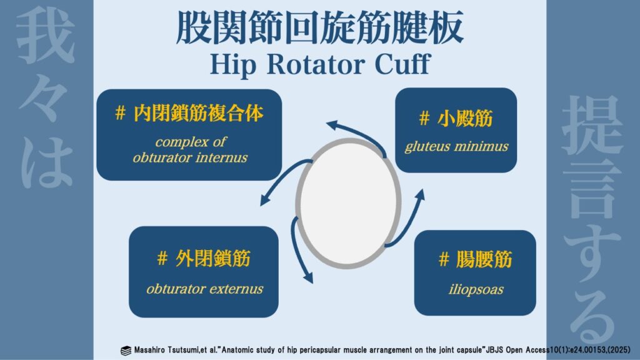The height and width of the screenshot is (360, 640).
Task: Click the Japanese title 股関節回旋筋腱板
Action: [320, 27]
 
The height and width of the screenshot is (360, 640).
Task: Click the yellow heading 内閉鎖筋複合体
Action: [198, 113]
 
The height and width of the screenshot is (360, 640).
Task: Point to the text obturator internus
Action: [190, 157]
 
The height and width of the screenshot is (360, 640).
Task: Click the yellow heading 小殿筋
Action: [465, 118]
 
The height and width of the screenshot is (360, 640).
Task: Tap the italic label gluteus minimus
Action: [456, 146]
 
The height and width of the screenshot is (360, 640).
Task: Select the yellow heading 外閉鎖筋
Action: [212, 258]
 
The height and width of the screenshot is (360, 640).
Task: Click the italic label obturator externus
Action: [204, 289]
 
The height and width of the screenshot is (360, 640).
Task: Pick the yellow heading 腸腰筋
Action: [484, 259]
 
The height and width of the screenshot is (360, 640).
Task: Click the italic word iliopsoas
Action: [476, 290]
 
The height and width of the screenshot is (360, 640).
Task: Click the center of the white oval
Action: [349, 203]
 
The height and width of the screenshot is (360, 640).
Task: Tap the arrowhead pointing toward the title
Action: [332, 124]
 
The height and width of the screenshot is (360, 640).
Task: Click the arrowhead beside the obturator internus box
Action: [265, 200]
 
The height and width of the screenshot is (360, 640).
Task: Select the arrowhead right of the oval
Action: [420, 195]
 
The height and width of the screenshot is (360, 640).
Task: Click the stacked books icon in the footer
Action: [126, 351]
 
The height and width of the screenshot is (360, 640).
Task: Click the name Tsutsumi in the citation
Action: [183, 350]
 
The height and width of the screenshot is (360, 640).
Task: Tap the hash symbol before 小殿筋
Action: [424, 119]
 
